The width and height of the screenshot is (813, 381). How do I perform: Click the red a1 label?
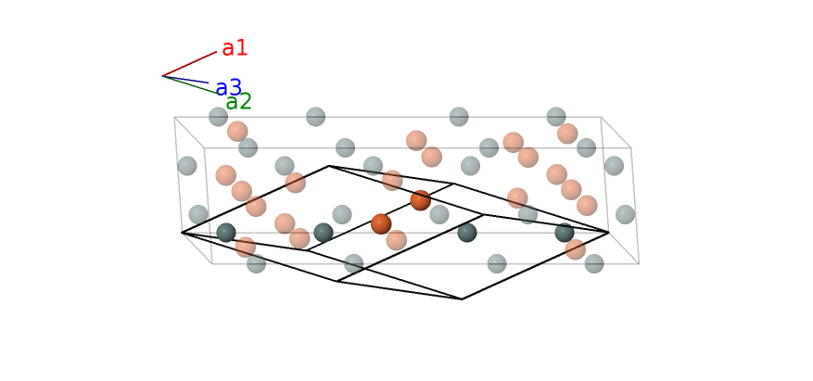[x=235, y=48]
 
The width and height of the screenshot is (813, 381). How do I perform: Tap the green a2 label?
[x=238, y=102]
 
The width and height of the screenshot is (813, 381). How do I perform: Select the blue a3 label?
[x=228, y=88]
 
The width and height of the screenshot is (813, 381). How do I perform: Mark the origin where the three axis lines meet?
[x=163, y=76]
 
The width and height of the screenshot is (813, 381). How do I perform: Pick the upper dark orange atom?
[x=420, y=200]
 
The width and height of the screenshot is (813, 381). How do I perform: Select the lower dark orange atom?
[x=381, y=223]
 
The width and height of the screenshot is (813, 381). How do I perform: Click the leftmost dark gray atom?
[x=226, y=233]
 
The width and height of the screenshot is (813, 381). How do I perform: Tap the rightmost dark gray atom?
[x=565, y=233]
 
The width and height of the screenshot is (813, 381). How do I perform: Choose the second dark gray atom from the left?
[x=324, y=233]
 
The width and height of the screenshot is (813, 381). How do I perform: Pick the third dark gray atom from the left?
[x=467, y=233]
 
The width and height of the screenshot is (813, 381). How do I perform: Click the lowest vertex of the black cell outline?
[x=462, y=299]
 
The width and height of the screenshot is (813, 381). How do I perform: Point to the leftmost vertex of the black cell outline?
[x=182, y=233]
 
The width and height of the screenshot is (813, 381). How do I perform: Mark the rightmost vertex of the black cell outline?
[x=609, y=233]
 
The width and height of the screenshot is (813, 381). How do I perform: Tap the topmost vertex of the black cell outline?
[x=329, y=166]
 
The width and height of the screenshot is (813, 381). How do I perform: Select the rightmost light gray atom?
[x=626, y=214]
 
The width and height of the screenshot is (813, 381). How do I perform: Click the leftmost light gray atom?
[x=187, y=166]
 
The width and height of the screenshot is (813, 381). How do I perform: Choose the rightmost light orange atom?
[x=587, y=205]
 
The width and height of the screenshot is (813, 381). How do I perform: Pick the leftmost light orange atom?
[x=226, y=175]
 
